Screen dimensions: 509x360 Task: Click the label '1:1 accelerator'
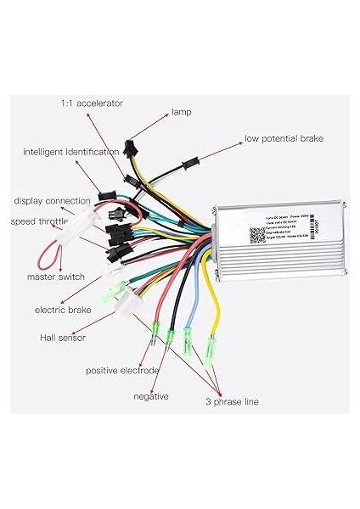coord(92,103)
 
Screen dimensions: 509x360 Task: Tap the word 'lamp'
coord(182,111)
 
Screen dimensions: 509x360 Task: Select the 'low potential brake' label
coord(284,138)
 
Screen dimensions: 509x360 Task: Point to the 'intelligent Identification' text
coord(71,152)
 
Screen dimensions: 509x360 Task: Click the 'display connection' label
coord(52,201)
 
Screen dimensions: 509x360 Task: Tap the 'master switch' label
coord(56,277)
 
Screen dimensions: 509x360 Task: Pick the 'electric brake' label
coord(63,310)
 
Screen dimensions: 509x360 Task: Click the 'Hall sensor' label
coord(63,338)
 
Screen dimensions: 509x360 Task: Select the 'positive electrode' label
coord(122,371)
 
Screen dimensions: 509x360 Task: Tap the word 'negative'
coord(151,396)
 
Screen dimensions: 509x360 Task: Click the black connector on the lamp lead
coord(130,148)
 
